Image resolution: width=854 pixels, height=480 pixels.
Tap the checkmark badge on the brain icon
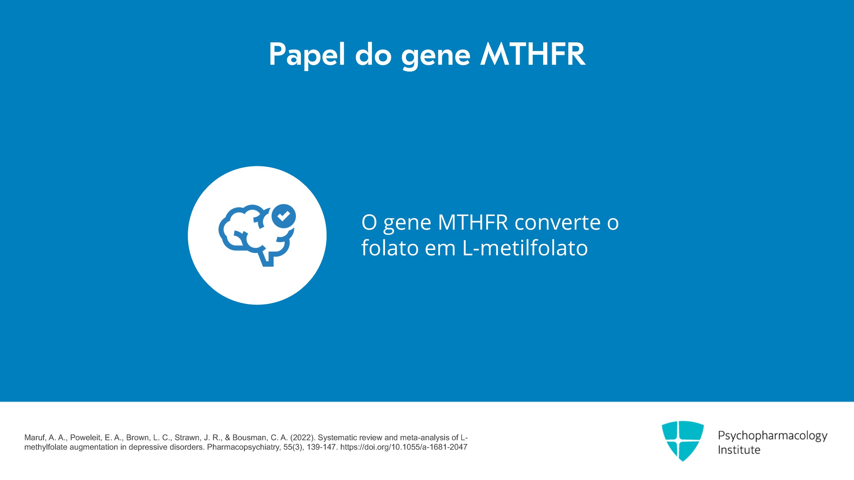tap(284, 216)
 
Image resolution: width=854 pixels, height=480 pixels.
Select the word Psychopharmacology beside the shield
tap(773, 436)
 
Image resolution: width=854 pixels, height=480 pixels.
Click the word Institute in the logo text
tap(739, 450)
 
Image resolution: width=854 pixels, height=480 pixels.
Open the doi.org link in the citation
tap(404, 447)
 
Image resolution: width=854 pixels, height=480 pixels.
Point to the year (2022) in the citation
tap(302, 438)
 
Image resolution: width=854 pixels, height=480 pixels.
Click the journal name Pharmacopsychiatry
tap(244, 447)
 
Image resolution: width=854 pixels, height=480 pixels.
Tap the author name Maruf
tap(35, 438)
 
